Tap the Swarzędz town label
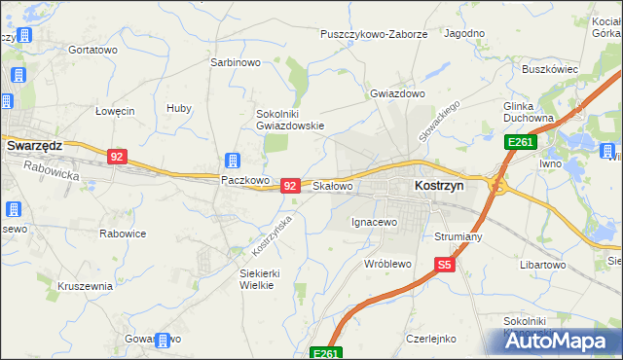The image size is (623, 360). pos(34,145)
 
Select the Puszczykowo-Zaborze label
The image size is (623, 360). pos(375,34)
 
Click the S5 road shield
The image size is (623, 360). pos(445,264)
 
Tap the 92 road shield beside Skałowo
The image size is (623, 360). pos(289,185)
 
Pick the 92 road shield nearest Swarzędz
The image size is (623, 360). pos(117,157)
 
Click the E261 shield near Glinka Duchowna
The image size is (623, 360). pos(518,143)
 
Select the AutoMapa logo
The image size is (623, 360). pos(562,342)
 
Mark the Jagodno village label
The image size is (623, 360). pos(464,33)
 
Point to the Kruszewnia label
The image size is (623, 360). pos(86,287)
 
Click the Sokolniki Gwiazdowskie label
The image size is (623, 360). pos(289,119)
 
